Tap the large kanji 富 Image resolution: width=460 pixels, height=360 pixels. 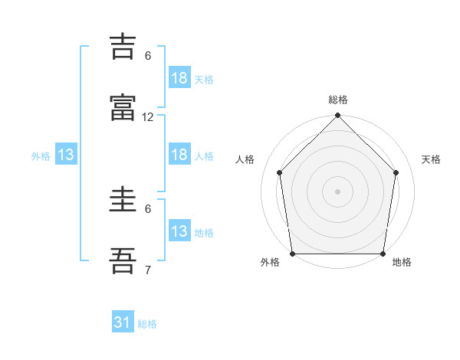click(x=123, y=107)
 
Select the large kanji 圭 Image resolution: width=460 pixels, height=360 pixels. click(x=123, y=199)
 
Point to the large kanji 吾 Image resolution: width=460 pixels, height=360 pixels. click(x=123, y=260)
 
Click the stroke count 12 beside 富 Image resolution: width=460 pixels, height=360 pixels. click(x=147, y=117)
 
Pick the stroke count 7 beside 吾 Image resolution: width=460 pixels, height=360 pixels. click(x=148, y=270)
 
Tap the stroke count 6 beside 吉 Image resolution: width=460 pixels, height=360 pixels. click(x=148, y=56)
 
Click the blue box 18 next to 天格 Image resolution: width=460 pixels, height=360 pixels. click(x=179, y=77)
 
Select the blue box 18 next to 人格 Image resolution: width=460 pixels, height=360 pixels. click(x=179, y=154)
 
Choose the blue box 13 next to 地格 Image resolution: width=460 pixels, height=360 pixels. click(x=179, y=230)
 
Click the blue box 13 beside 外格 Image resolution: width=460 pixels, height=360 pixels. click(x=66, y=154)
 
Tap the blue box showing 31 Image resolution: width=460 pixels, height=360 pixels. click(x=123, y=321)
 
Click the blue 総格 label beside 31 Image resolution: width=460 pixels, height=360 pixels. click(x=147, y=324)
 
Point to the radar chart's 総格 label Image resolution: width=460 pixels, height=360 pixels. click(x=338, y=100)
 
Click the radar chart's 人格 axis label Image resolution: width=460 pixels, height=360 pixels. click(x=245, y=159)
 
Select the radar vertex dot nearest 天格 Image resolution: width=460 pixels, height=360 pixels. click(x=396, y=172)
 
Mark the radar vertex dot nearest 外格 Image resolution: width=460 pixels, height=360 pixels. click(x=293, y=254)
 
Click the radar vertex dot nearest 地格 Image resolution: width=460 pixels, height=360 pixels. click(x=383, y=254)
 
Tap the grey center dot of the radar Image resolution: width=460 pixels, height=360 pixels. click(x=337, y=191)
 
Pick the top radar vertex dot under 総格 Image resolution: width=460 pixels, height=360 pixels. click(x=337, y=115)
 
